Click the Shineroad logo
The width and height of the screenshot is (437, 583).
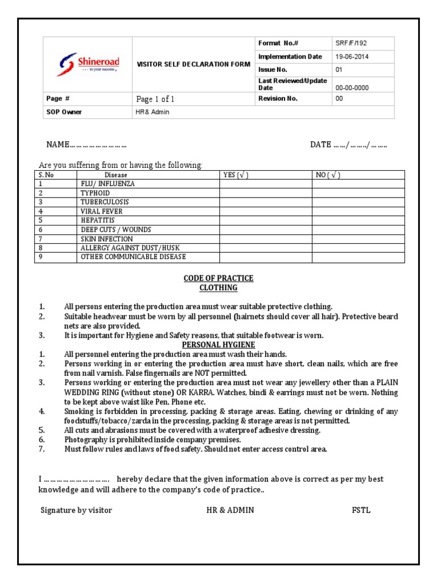88,63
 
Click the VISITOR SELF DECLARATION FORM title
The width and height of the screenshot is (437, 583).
193,64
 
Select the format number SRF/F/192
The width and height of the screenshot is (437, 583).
349,44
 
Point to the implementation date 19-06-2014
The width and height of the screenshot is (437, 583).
353,56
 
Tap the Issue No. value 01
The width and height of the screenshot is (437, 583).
339,69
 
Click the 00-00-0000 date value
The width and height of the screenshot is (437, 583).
352,88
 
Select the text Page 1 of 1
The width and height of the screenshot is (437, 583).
155,99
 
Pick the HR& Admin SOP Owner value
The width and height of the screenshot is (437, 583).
152,112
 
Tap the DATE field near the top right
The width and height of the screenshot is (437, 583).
348,145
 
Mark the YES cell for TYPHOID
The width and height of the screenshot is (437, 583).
266,193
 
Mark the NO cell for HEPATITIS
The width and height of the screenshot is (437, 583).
358,220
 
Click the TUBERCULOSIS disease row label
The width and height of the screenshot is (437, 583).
105,202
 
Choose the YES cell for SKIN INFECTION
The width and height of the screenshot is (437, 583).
266,239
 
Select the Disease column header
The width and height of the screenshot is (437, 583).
116,175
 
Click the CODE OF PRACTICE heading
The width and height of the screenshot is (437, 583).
218,278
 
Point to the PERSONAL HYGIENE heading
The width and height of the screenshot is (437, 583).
218,345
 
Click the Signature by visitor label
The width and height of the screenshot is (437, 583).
76,510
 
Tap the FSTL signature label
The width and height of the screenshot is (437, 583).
361,510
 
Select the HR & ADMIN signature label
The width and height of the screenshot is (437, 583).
230,510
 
